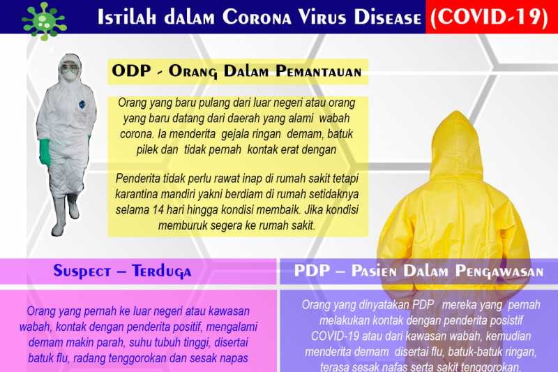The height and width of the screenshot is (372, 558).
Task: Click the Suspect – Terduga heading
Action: coord(123,271)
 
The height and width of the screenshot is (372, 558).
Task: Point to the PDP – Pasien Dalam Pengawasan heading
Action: coord(418,271)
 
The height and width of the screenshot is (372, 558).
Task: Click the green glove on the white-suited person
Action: coord(45,151)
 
